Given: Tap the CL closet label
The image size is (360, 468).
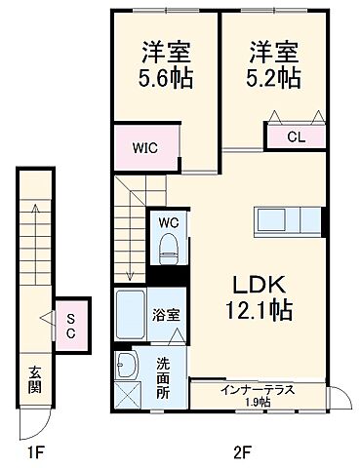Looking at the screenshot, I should [295, 138].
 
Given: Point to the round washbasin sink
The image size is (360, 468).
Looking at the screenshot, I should [129, 368].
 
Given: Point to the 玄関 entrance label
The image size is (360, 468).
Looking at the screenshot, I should [35, 379].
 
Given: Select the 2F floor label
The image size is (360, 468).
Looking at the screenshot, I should [243, 451].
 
